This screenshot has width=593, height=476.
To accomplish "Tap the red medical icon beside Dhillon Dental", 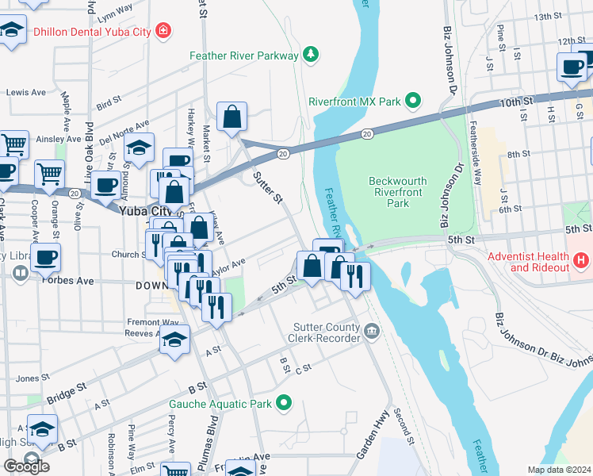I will pos(163,32).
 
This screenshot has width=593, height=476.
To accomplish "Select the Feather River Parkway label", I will pos(244,56).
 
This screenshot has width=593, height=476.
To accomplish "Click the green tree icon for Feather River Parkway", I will pos(312,55).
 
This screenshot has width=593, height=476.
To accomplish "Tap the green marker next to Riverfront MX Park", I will pos(412,102).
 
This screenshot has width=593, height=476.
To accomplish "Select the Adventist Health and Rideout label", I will pos(528,262).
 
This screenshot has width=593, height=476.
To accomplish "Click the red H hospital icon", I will pos(582,260).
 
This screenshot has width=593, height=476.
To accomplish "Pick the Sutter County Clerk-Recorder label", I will pos(327,332).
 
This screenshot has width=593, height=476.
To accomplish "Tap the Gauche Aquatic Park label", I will pos(220,404).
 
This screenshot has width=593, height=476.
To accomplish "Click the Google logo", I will pos(26,466).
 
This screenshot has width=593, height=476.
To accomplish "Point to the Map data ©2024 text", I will pos(558,470).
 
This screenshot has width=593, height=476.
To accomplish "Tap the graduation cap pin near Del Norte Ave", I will pos(139,148).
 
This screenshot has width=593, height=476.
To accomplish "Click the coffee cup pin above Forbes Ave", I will pos(46,257).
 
